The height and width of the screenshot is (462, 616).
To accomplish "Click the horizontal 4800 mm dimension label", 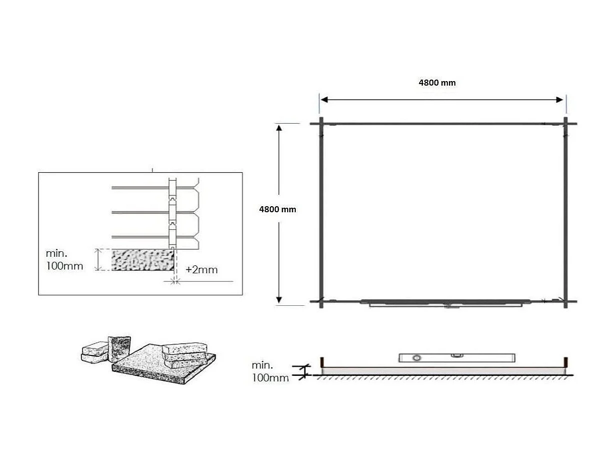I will click(437, 83).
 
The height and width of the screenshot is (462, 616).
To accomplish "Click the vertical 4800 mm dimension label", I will click(277, 210).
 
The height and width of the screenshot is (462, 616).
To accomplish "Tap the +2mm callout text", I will click(202, 270).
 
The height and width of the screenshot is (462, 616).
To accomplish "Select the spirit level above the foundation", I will click(456, 357).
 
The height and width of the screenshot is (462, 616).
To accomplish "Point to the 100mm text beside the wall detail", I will click(64, 266).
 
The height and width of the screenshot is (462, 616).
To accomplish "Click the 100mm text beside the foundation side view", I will click(270, 378).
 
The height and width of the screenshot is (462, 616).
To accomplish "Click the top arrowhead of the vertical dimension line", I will click(279, 128).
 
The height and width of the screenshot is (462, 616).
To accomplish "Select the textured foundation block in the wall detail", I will click(143, 260).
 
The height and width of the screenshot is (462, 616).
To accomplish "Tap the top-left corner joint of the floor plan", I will click(321, 124).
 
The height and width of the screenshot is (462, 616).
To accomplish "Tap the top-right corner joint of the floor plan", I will click(566, 124).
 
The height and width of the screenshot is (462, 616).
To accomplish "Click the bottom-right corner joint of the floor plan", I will click(566, 301).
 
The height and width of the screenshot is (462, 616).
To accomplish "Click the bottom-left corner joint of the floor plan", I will click(321, 301).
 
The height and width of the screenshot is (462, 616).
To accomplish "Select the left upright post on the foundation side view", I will click(322, 361).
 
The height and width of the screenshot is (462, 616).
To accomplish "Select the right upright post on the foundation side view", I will click(566, 361).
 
